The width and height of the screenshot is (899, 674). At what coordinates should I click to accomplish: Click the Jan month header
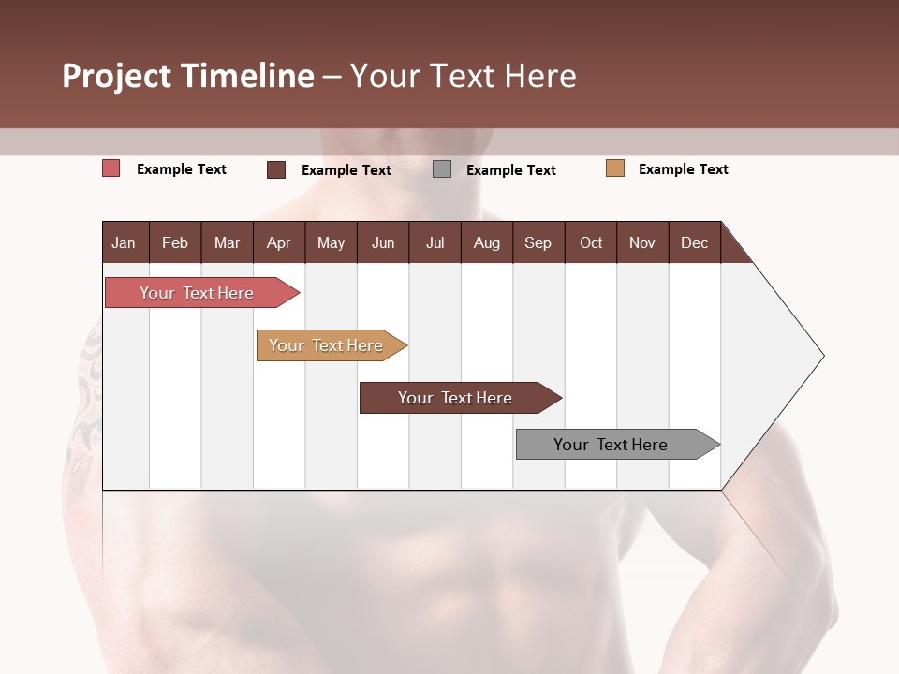(x=125, y=242)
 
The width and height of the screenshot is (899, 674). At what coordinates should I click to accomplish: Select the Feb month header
(x=175, y=242)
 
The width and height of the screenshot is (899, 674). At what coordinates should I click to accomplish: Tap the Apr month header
(x=278, y=242)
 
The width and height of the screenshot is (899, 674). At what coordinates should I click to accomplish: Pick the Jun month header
(x=383, y=242)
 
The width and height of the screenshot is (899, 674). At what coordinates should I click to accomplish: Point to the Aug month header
(x=486, y=242)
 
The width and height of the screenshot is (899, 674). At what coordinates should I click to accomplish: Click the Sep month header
(x=538, y=242)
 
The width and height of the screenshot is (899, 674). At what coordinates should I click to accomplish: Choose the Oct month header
(x=591, y=242)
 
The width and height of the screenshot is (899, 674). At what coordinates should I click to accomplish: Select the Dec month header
(x=694, y=242)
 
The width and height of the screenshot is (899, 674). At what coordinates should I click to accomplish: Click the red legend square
(x=111, y=168)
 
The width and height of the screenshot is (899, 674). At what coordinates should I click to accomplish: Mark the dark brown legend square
(x=276, y=169)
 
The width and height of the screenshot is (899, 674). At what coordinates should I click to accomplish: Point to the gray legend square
(x=442, y=169)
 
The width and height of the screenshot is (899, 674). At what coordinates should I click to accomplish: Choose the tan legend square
(x=615, y=168)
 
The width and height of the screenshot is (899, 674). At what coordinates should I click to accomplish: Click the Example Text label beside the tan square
(x=683, y=169)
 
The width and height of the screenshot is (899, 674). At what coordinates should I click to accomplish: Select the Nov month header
(x=642, y=242)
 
